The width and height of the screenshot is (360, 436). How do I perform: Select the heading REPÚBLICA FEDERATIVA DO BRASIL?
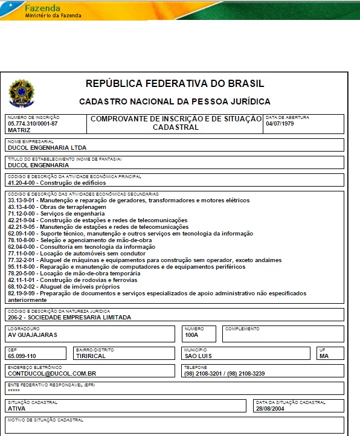coord(175,84)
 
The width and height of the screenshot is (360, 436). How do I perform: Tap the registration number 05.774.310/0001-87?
coord(33,123)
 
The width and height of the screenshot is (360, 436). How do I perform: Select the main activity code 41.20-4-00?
coord(21,182)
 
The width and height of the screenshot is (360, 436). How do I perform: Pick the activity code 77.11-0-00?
coord(21,254)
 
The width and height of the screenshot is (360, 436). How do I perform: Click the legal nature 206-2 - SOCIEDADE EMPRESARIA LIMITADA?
coord(69,317)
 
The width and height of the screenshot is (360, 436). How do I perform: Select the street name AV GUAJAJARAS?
coord(32,335)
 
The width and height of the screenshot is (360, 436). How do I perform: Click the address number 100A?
coord(191,335)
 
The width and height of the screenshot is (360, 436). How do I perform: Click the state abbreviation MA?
coord(324,356)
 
